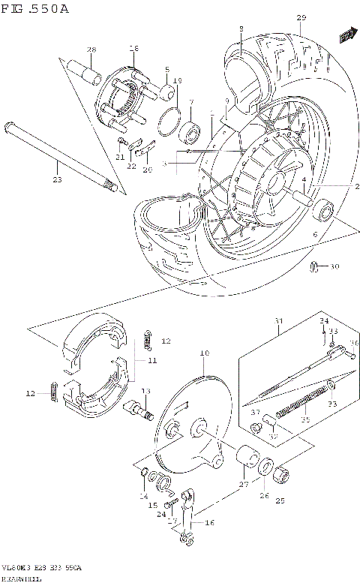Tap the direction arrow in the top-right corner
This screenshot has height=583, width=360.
[x=346, y=35]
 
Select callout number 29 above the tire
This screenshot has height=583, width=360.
[x=301, y=17]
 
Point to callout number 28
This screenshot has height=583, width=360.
[x=91, y=50]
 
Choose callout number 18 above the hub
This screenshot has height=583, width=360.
[x=133, y=49]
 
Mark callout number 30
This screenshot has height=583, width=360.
[x=334, y=266]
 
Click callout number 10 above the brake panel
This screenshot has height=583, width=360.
[x=203, y=353]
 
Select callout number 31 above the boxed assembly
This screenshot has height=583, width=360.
[x=279, y=323]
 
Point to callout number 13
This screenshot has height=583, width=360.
[x=145, y=391]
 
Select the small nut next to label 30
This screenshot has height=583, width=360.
[x=316, y=266]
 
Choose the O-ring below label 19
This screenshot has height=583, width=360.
[x=170, y=118]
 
